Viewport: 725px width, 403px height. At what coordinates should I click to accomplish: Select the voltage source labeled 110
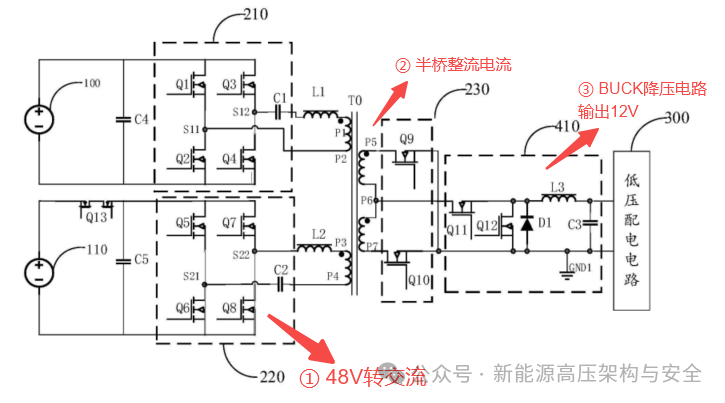(x=38, y=270)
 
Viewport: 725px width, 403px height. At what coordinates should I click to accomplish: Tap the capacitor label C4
(x=140, y=120)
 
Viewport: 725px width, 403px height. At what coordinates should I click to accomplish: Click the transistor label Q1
(x=183, y=85)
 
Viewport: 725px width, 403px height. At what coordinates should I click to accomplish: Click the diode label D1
(x=545, y=223)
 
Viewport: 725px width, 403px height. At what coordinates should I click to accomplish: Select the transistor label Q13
(x=96, y=217)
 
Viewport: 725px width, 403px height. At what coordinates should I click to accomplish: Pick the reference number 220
(x=272, y=377)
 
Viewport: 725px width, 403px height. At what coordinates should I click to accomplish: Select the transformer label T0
(x=355, y=102)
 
